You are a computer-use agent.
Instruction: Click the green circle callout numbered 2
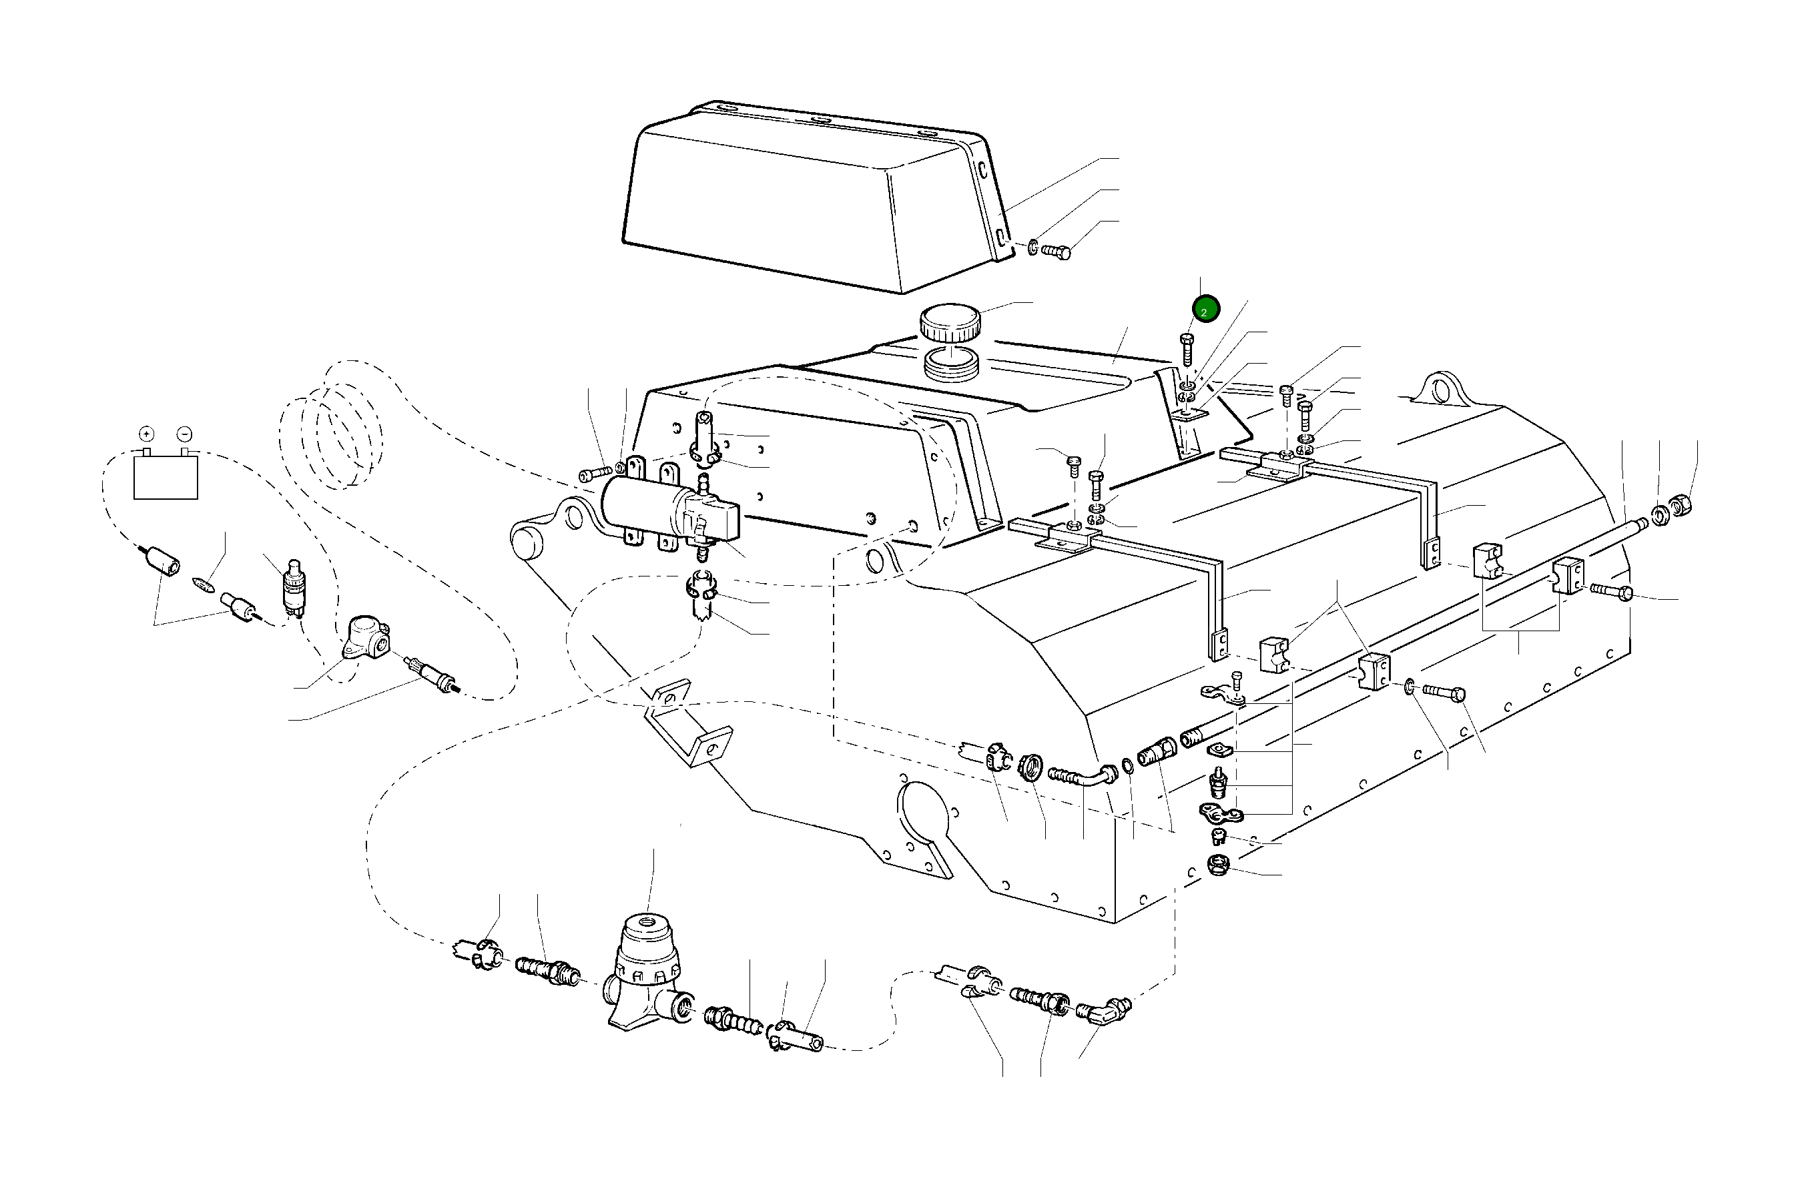tap(1206, 309)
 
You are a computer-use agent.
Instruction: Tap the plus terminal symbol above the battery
tap(147, 434)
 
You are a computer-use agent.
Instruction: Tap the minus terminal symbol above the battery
tap(184, 434)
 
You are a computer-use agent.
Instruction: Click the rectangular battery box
tap(166, 476)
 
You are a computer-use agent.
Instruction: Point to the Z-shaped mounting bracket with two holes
tap(687, 721)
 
